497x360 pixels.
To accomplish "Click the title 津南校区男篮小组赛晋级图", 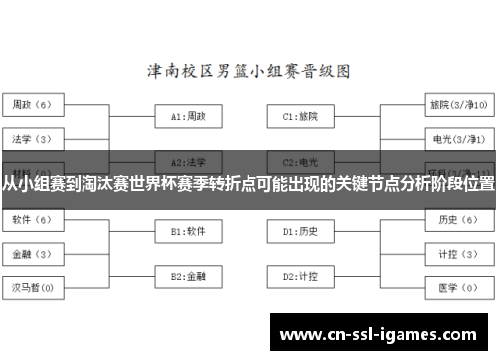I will coord(248,72).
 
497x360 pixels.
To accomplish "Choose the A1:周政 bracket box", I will coord(188,116).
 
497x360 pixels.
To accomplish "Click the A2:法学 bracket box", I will coord(188,161).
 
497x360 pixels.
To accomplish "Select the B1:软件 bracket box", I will coord(188,231).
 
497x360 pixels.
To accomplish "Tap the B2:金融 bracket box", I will coord(188,275).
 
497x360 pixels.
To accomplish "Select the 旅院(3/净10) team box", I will coord(457,104).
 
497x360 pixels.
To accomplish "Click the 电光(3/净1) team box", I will coord(457,137).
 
